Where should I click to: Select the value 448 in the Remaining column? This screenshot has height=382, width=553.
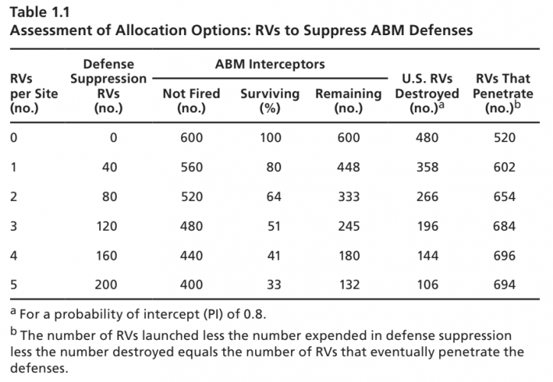tap(348, 167)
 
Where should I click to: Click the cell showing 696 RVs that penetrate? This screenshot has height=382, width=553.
tap(505, 256)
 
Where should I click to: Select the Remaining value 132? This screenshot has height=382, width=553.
tap(348, 285)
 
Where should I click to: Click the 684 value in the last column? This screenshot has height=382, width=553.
tap(505, 226)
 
